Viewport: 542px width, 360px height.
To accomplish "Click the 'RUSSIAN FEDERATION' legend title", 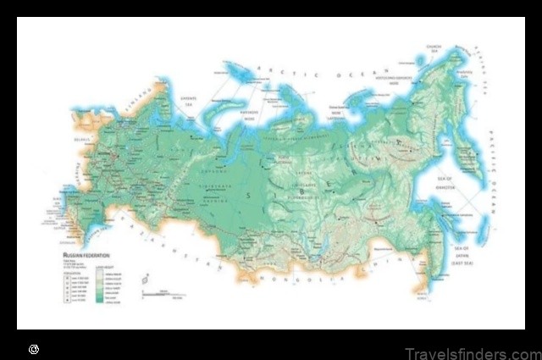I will point(85,252).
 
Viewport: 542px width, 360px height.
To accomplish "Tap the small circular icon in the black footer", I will point(33,348).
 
